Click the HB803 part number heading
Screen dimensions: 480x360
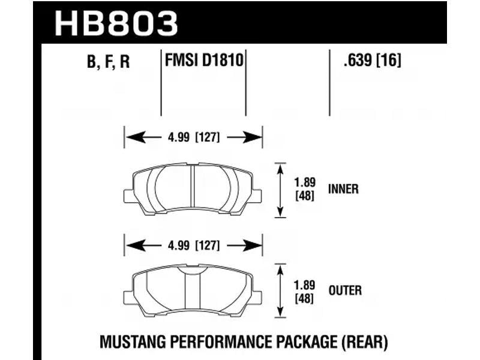tap(116, 23)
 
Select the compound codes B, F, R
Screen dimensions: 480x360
tap(109, 61)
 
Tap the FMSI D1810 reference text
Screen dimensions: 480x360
tap(204, 59)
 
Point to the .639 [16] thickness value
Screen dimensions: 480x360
tap(372, 59)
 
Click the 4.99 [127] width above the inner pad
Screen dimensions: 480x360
tap(194, 137)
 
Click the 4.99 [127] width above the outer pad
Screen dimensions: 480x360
tap(194, 245)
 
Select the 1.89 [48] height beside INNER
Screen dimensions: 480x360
tap(305, 189)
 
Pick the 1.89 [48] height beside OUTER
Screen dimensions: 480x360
tap(305, 292)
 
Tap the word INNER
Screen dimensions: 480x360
tap(343, 189)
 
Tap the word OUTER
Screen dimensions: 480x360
tap(345, 290)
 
